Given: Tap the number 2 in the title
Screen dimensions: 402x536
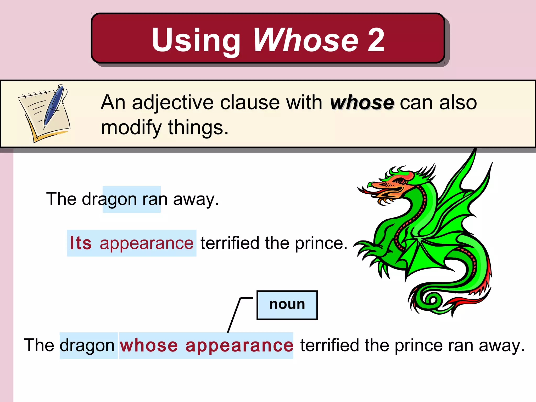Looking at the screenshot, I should pyautogui.click(x=376, y=40).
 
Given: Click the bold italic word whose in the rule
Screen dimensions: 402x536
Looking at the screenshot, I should pyautogui.click(x=362, y=103).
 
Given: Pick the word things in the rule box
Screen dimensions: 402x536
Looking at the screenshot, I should pyautogui.click(x=198, y=128).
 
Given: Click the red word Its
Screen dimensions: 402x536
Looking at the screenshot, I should pyautogui.click(x=81, y=243).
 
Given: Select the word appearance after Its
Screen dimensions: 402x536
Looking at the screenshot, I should pyautogui.click(x=147, y=243).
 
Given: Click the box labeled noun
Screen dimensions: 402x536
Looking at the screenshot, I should pyautogui.click(x=287, y=305).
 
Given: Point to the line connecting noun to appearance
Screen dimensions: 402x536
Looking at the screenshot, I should pyautogui.click(x=234, y=315).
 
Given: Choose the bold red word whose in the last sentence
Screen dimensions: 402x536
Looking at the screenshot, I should pyautogui.click(x=149, y=345).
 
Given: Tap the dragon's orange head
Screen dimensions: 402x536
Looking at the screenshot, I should pyautogui.click(x=393, y=185).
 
